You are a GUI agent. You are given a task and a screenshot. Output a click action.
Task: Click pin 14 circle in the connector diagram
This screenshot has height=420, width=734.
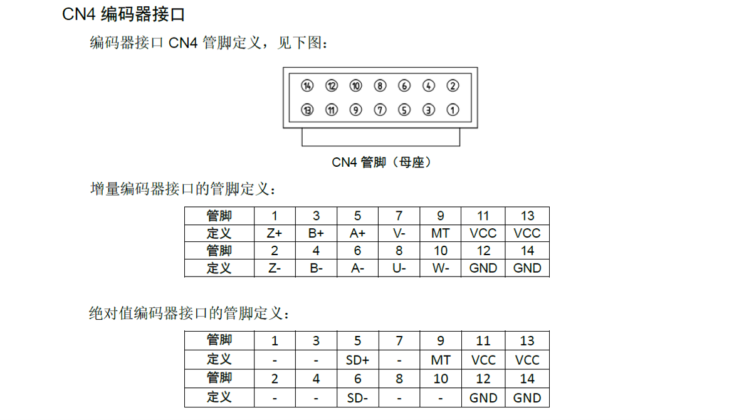tap(307, 86)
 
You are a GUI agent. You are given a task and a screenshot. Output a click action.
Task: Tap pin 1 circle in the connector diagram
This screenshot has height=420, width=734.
tap(453, 110)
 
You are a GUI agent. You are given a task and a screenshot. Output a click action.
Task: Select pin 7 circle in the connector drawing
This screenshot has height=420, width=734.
tap(380, 110)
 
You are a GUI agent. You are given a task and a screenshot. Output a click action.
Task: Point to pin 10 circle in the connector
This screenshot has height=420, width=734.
tap(356, 86)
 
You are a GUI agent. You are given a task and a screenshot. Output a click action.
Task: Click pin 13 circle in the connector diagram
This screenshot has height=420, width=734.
tap(307, 110)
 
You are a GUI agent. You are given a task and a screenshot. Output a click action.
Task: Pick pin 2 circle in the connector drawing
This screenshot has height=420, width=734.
tap(453, 86)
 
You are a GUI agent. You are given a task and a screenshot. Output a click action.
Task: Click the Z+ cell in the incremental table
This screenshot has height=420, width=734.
tap(275, 233)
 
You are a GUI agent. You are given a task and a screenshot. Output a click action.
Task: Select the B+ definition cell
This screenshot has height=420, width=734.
tap(316, 233)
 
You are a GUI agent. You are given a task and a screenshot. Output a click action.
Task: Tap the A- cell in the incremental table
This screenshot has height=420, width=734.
tap(358, 268)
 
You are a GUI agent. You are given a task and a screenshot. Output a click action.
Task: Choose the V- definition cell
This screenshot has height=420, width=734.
tap(399, 233)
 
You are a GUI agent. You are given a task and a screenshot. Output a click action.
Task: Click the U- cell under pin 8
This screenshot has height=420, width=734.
tap(399, 268)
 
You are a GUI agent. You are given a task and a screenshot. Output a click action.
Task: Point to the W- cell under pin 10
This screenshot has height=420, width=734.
tap(441, 268)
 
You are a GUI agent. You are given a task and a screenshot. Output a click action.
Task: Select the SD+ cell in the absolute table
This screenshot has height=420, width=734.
tap(358, 360)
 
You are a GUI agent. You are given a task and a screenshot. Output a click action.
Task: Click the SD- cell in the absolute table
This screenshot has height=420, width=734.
tap(358, 398)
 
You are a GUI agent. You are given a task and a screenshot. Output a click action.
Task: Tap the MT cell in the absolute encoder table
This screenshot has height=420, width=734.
tap(441, 360)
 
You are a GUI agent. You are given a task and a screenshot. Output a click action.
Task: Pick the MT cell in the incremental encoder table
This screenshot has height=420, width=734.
tap(441, 233)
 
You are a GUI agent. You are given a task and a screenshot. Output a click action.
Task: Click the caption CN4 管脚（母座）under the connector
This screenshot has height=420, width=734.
tap(381, 162)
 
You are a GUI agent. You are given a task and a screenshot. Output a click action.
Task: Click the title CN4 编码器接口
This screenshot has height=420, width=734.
tap(123, 14)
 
